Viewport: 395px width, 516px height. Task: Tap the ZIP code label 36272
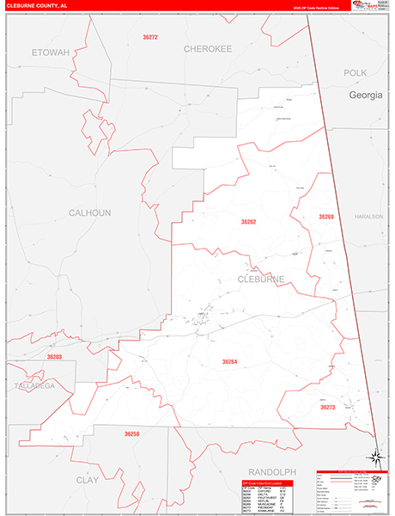click(149, 38)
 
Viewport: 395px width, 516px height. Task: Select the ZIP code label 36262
click(248, 222)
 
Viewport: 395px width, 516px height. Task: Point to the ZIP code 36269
click(325, 217)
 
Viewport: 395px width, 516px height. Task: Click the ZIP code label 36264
click(229, 362)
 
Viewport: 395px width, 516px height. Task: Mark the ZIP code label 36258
click(131, 434)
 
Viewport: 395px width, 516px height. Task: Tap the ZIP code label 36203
click(54, 356)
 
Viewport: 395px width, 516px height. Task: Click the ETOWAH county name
click(49, 52)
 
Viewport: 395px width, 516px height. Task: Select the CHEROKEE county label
click(208, 50)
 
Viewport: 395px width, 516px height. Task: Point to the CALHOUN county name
click(90, 212)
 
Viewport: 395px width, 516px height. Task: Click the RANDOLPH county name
click(271, 472)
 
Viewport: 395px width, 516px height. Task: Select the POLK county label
click(355, 73)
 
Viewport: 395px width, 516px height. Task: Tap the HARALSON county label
click(367, 217)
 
